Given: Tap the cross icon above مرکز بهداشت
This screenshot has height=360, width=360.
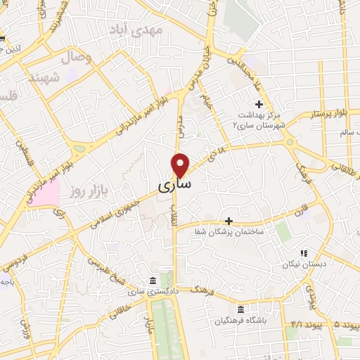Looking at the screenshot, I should pyautogui.click(x=259, y=104).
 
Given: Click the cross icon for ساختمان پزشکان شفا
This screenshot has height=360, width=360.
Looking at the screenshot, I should pyautogui.click(x=228, y=221).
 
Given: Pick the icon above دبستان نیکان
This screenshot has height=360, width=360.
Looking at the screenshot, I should pyautogui.click(x=304, y=253).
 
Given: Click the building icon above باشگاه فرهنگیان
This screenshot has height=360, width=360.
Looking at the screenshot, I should pyautogui.click(x=240, y=310).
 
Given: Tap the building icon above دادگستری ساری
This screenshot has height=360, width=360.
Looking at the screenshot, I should pyautogui.click(x=153, y=281).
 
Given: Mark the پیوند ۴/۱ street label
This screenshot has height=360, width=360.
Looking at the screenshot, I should pyautogui.click(x=296, y=326).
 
